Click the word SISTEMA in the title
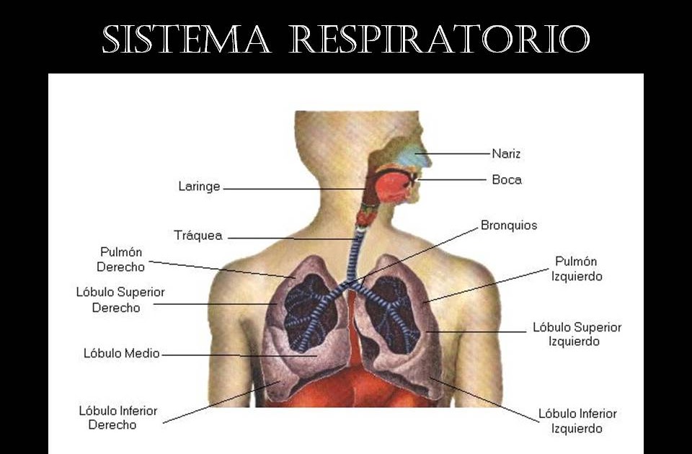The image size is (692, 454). coord(186,40)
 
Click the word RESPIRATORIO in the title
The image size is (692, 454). coord(439,40)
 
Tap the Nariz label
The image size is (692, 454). coord(506,153)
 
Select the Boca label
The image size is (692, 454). coord(507,179)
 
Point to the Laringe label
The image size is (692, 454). coord(199,187)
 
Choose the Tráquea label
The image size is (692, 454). coord(198,236)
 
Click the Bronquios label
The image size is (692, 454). coord(509,226)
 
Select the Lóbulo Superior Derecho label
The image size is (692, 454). coord(120,300)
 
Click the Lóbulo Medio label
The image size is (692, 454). coord(121,353)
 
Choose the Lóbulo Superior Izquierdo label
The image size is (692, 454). coord(577,334)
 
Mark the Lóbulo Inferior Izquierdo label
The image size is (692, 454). coord(577,421)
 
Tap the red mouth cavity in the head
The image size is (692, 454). coord(394,186)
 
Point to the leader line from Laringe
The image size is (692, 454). coord(296,189)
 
